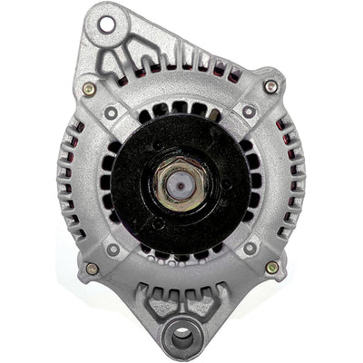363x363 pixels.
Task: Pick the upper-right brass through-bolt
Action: click(x=270, y=86)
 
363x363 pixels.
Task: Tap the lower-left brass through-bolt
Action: click(x=92, y=269)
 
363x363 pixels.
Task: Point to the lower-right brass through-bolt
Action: click(x=271, y=268)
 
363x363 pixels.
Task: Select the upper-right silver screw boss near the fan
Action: click(x=248, y=112)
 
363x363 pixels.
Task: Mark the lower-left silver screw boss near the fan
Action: click(x=113, y=248)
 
